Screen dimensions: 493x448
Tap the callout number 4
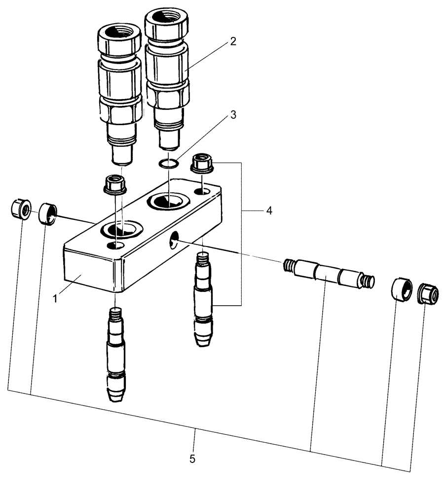(x=269, y=211)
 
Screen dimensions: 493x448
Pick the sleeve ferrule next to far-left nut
(x=48, y=213)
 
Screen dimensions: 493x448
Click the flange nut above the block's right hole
(x=201, y=163)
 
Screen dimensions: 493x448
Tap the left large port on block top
(x=120, y=228)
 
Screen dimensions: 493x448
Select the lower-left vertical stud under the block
(x=116, y=352)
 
